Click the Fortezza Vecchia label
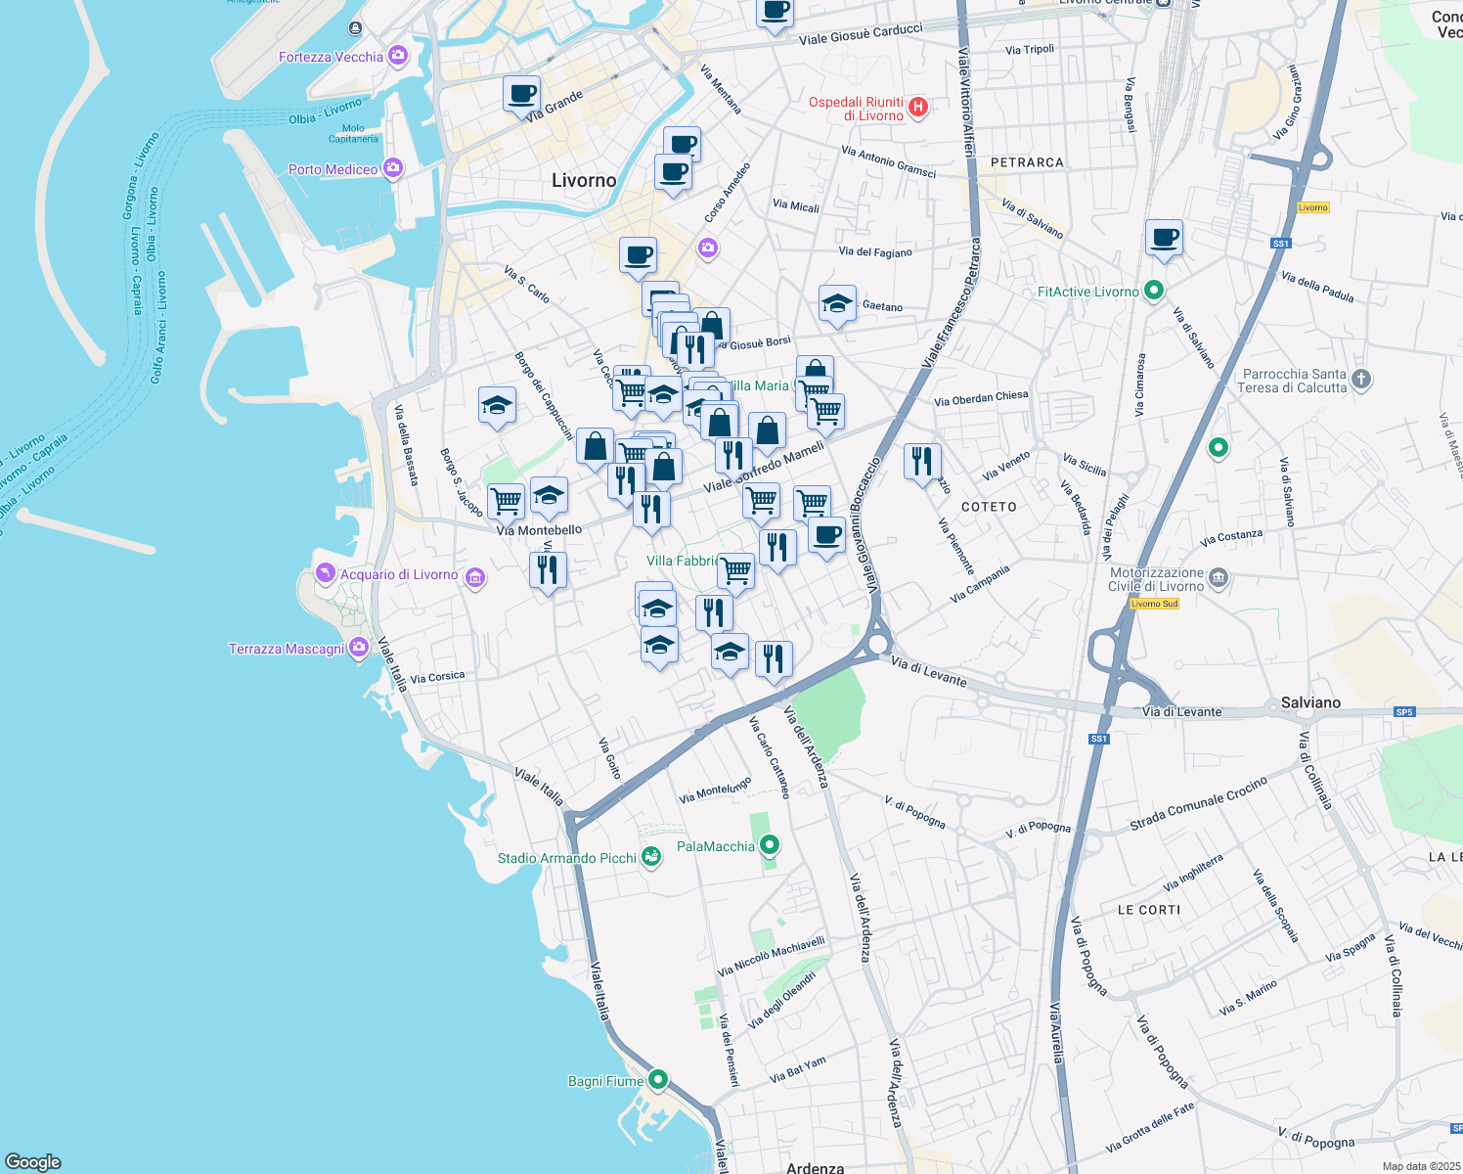click(331, 57)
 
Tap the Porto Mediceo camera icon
click(393, 169)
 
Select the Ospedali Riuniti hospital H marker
click(918, 108)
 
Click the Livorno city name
click(584, 180)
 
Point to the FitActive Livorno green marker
click(1154, 291)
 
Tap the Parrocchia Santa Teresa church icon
click(1361, 379)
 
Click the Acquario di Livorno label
click(398, 575)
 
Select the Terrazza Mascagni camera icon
click(359, 648)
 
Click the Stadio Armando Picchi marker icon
click(650, 858)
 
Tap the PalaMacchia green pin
click(770, 845)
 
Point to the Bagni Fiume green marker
click(658, 1080)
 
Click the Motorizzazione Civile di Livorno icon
click(1219, 577)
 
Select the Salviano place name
click(1310, 702)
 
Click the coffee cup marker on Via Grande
click(521, 94)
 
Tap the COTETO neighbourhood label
click(989, 507)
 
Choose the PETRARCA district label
click(1027, 162)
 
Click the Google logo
click(33, 1161)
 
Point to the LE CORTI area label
click(1149, 910)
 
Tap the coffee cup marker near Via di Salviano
click(1164, 237)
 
